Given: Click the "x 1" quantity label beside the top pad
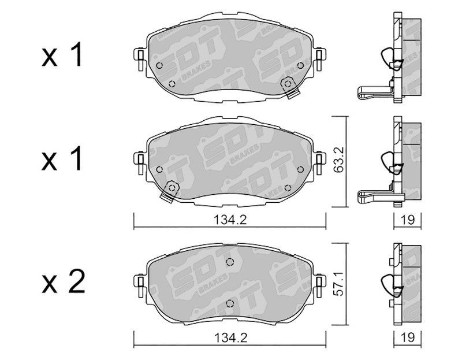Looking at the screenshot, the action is (x=62, y=55).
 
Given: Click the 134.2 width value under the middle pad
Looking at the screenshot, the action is (x=230, y=220).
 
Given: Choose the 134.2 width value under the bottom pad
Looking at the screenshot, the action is (x=230, y=338).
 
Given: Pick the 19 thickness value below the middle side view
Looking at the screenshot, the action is (x=408, y=220).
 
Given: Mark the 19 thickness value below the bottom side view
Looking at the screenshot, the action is (x=408, y=338).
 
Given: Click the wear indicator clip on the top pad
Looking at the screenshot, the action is (x=290, y=87).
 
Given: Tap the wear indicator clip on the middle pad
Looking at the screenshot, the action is (x=169, y=191).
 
